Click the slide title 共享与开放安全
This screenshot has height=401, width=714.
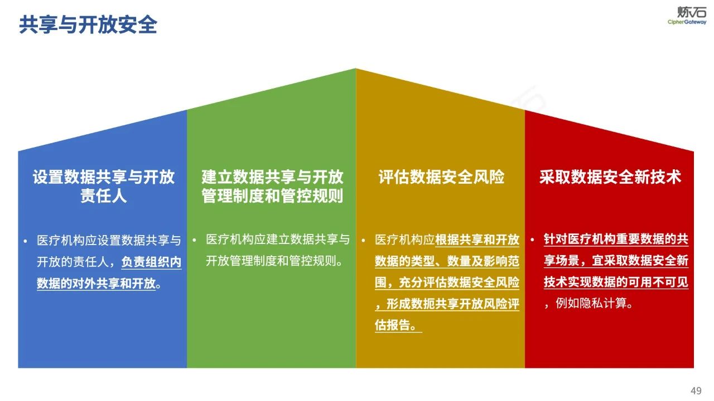(88, 25)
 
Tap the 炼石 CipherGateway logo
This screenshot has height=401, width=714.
(686, 15)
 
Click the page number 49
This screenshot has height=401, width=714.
(696, 390)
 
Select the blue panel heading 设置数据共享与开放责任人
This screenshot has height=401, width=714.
(104, 186)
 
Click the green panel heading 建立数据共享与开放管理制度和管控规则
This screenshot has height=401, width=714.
(272, 186)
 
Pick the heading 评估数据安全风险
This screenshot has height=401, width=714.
(441, 177)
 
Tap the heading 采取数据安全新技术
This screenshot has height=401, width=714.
(610, 177)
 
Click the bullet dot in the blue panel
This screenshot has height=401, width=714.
(25, 241)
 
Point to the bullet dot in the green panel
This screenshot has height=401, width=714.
(194, 240)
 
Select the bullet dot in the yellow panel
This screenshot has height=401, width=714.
(363, 241)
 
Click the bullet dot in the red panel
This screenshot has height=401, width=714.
(532, 240)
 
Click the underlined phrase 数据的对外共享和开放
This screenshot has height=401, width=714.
(96, 283)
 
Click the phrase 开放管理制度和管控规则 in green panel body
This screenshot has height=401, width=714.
(273, 261)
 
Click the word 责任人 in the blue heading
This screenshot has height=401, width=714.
(104, 195)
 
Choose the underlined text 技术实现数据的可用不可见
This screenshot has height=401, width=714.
(616, 282)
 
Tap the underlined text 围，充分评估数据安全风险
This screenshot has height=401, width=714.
(447, 282)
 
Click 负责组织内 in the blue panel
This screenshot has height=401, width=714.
(151, 262)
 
